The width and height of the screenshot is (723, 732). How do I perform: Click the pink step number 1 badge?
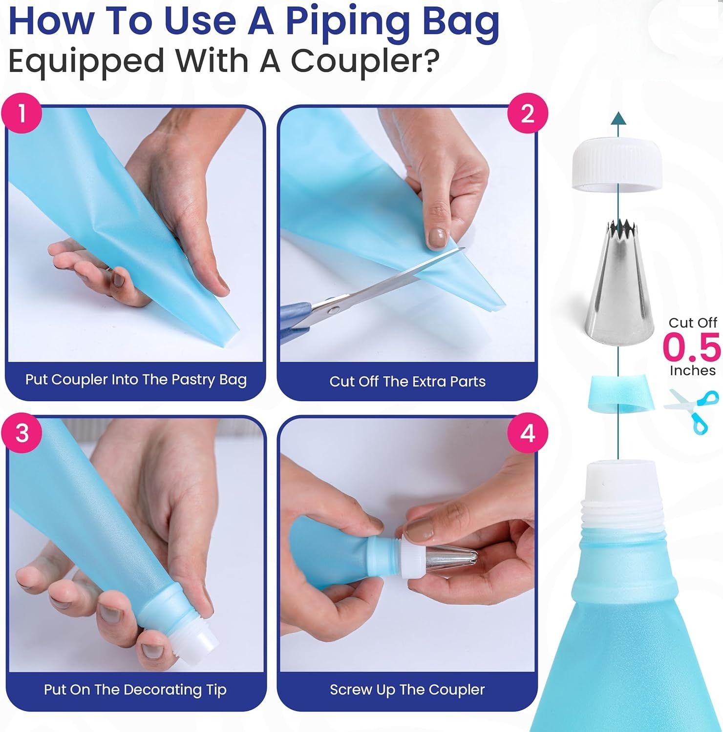point(21,113)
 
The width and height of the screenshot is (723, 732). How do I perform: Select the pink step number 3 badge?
point(21,433)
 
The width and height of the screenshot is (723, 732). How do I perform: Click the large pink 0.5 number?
point(692,346)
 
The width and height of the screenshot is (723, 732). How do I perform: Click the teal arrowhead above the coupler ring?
point(618,118)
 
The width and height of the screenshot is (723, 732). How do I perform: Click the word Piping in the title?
point(339,23)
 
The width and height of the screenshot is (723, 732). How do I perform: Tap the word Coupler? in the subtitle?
point(364,61)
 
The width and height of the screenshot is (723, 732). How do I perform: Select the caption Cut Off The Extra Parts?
point(407,381)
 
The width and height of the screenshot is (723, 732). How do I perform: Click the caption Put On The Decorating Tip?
point(135,690)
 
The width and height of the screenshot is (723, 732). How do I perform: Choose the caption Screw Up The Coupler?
point(407,690)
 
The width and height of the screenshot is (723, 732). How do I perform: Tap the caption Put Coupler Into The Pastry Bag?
point(136,380)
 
